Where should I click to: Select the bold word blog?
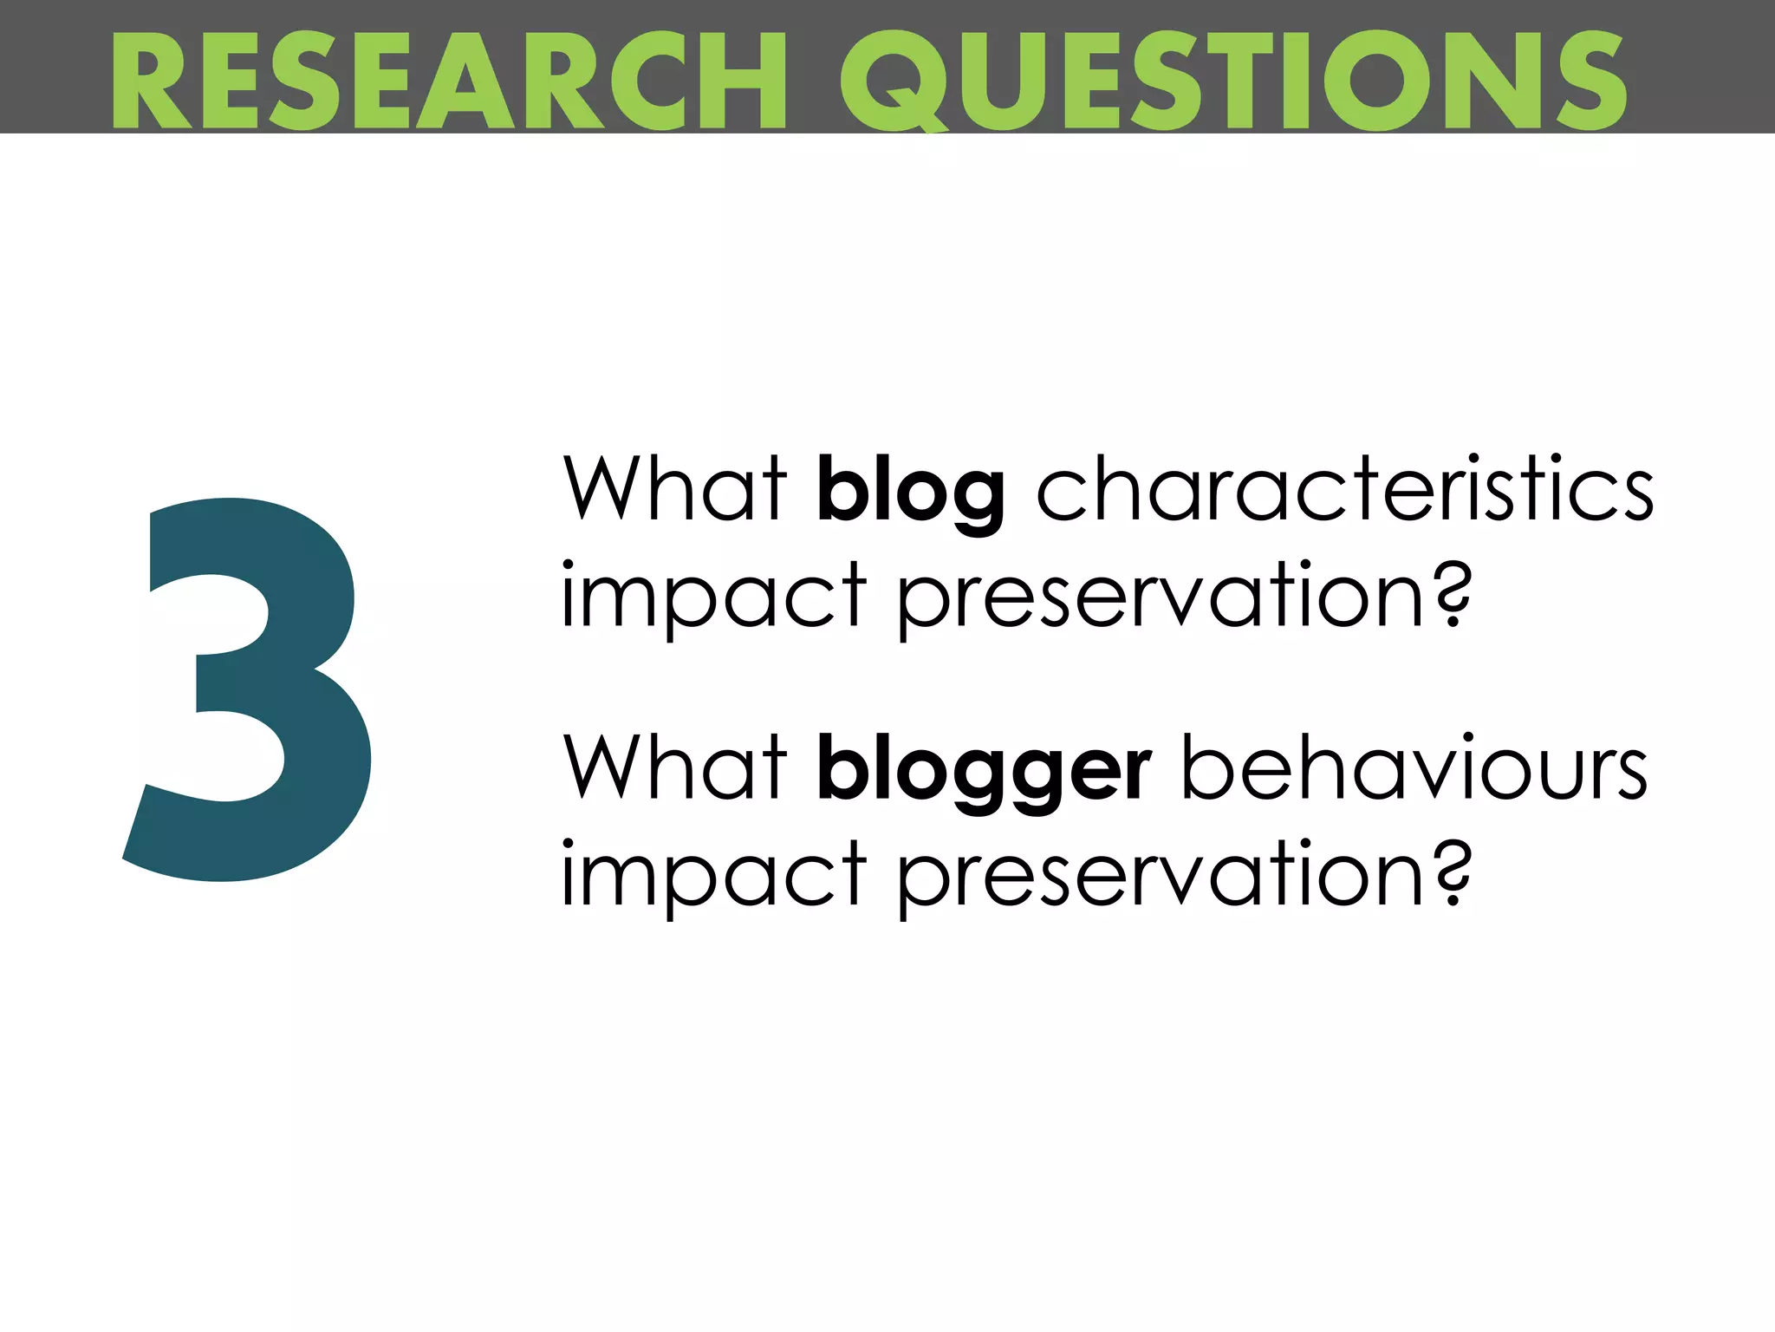tap(911, 490)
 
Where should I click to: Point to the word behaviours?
tap(1414, 767)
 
